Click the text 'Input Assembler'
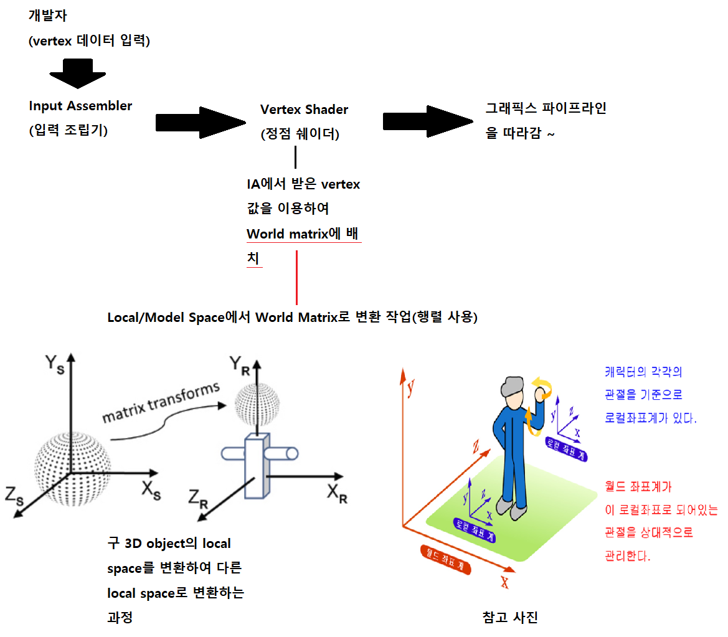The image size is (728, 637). (x=80, y=106)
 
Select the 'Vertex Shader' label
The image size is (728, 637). (x=304, y=110)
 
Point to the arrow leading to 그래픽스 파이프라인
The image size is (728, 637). (x=426, y=121)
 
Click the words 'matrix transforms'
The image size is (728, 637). (x=161, y=403)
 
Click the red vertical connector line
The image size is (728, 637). (x=296, y=276)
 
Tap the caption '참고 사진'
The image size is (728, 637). (x=510, y=617)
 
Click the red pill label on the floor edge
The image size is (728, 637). (x=445, y=558)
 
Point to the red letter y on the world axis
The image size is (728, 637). (x=411, y=389)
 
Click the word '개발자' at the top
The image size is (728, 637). (x=47, y=16)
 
